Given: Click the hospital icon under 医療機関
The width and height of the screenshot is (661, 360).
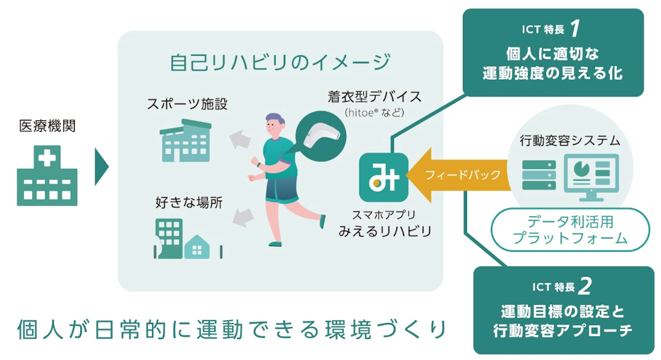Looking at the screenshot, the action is pos(47,176).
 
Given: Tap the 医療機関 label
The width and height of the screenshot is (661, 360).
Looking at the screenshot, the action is pos(47,126).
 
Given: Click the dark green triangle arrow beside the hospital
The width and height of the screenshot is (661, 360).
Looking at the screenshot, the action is pos(102,167).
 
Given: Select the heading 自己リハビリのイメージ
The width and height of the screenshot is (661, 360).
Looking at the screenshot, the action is pos(280,62).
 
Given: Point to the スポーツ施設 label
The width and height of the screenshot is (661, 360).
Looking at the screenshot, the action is pos(187,104).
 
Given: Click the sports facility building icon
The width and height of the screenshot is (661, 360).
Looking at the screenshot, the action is pos(186,141).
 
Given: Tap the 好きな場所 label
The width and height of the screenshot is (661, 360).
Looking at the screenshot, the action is pos(189,203).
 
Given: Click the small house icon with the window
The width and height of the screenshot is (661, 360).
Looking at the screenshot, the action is pos(197,247).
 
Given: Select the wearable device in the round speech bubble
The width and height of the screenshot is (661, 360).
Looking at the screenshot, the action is pos(323,135).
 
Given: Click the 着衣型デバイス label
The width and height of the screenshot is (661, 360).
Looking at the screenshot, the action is pos(375,96).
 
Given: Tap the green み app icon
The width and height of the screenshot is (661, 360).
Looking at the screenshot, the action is pos(384,177).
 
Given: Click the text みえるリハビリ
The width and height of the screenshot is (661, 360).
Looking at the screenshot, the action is pos(386,231).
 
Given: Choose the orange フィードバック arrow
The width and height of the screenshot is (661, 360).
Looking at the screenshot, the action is pos(458,175).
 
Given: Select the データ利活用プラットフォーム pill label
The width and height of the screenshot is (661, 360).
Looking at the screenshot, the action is pos(571,230).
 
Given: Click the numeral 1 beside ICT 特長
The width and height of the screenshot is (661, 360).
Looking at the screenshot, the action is pos(575,29).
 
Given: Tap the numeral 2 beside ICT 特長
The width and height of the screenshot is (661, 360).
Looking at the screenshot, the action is pos(586,286).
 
